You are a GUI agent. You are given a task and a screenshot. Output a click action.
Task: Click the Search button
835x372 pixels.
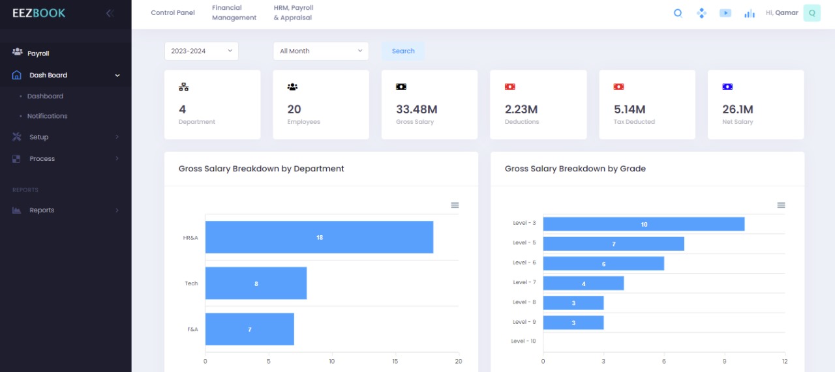coord(403,51)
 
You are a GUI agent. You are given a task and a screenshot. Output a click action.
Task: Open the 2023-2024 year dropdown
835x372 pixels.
coord(202,51)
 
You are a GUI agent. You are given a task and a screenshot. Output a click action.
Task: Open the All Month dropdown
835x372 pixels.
coord(320,51)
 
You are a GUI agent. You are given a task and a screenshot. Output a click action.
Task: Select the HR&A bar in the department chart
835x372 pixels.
coord(319,237)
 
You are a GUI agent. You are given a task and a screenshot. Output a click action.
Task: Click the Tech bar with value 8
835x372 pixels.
coord(256,283)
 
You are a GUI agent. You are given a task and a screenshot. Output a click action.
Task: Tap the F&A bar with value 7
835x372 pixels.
coord(249,329)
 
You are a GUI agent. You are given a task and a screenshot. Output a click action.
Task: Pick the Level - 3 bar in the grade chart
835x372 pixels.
coord(643,224)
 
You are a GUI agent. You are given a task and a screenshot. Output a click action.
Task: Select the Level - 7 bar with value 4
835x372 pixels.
coord(583,283)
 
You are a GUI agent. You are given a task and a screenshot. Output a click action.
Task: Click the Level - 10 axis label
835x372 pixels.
coord(523,341)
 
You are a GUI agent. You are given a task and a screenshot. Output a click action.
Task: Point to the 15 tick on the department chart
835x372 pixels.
coord(395,361)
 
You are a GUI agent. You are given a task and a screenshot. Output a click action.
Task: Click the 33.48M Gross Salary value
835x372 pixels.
coord(416,109)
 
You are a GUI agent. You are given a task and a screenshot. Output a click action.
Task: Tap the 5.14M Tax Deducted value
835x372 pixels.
coord(630,109)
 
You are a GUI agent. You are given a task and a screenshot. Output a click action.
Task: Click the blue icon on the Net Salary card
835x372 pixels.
coord(727,87)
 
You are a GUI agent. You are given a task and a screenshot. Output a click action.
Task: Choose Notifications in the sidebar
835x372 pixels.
coord(47,116)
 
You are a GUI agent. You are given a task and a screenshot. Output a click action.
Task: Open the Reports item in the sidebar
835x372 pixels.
coord(42,210)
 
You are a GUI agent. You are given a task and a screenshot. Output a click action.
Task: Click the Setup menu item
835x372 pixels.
coord(38,137)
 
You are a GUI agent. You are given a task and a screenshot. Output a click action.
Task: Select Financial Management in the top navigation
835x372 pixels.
coord(234,12)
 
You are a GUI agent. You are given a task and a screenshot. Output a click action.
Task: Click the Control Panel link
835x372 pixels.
coord(173,12)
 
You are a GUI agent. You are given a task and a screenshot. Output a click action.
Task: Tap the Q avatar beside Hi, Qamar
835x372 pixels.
coord(812,13)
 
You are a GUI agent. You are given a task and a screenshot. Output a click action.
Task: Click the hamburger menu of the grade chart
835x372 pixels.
coord(781,205)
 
